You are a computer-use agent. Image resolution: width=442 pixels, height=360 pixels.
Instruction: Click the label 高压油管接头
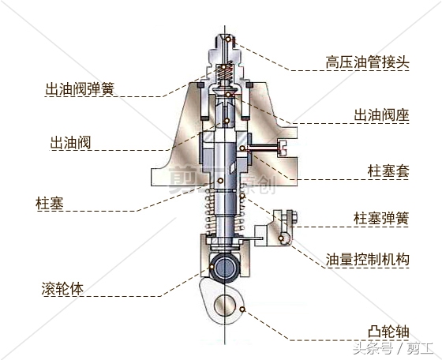[367, 62]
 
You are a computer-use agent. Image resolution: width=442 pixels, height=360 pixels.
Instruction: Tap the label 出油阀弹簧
[80, 89]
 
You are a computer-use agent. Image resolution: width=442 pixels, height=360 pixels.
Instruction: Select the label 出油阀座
[381, 115]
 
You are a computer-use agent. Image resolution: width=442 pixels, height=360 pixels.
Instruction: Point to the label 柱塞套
[388, 171]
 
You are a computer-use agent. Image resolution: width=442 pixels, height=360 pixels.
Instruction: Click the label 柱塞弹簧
[381, 218]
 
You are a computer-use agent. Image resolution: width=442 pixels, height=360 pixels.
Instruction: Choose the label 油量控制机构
[367, 260]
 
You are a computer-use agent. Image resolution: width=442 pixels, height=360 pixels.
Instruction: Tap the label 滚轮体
[62, 288]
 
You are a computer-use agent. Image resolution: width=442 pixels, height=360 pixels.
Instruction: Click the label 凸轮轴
[388, 332]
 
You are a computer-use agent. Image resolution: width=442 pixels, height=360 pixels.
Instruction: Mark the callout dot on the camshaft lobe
[242, 309]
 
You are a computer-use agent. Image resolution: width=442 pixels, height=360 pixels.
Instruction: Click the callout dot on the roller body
[212, 267]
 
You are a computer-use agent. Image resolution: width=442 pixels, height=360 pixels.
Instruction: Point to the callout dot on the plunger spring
[242, 195]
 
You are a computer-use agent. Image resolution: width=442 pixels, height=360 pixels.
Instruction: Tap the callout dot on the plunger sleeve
[242, 148]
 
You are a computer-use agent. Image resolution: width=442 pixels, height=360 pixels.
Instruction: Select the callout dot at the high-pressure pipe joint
[228, 39]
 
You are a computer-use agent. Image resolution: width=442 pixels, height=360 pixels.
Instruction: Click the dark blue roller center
[225, 268]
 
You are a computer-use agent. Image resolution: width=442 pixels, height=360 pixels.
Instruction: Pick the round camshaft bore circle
[225, 306]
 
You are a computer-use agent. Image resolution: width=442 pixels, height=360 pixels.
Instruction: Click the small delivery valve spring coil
[225, 72]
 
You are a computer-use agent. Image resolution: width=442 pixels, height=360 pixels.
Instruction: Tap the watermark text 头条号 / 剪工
[393, 348]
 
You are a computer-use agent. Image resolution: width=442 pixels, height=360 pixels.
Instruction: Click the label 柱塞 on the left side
[50, 203]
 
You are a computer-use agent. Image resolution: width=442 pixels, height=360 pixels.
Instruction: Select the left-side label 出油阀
[70, 143]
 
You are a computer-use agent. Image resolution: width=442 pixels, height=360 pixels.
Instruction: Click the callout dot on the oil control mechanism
[281, 238]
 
